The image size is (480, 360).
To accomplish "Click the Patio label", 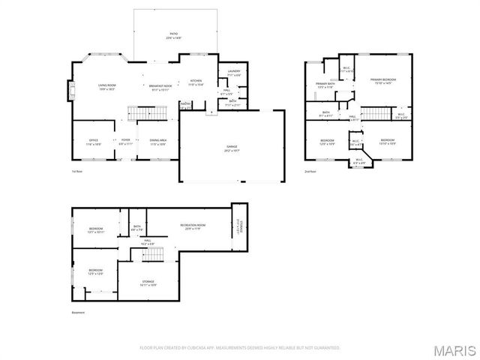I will pyautogui.click(x=173, y=35).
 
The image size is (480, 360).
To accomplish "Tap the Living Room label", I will pyautogui.click(x=106, y=86).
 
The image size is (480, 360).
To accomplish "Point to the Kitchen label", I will pyautogui.click(x=196, y=82).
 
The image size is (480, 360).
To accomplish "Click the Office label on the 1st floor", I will pyautogui.click(x=93, y=141).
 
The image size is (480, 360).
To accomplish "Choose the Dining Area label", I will pyautogui.click(x=158, y=141).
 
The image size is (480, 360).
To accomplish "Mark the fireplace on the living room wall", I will pyautogui.click(x=72, y=91).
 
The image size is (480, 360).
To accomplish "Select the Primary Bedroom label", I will pyautogui.click(x=382, y=81).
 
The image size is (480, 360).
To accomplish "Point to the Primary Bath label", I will pyautogui.click(x=325, y=85).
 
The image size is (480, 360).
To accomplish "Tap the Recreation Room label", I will pyautogui.click(x=193, y=226).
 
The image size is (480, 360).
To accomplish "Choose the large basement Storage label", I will pyautogui.click(x=148, y=283).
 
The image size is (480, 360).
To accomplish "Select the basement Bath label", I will pyautogui.click(x=137, y=227).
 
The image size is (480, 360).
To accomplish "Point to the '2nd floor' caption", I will pyautogui.click(x=310, y=171).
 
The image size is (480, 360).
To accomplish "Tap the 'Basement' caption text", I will pyautogui.click(x=79, y=312).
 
